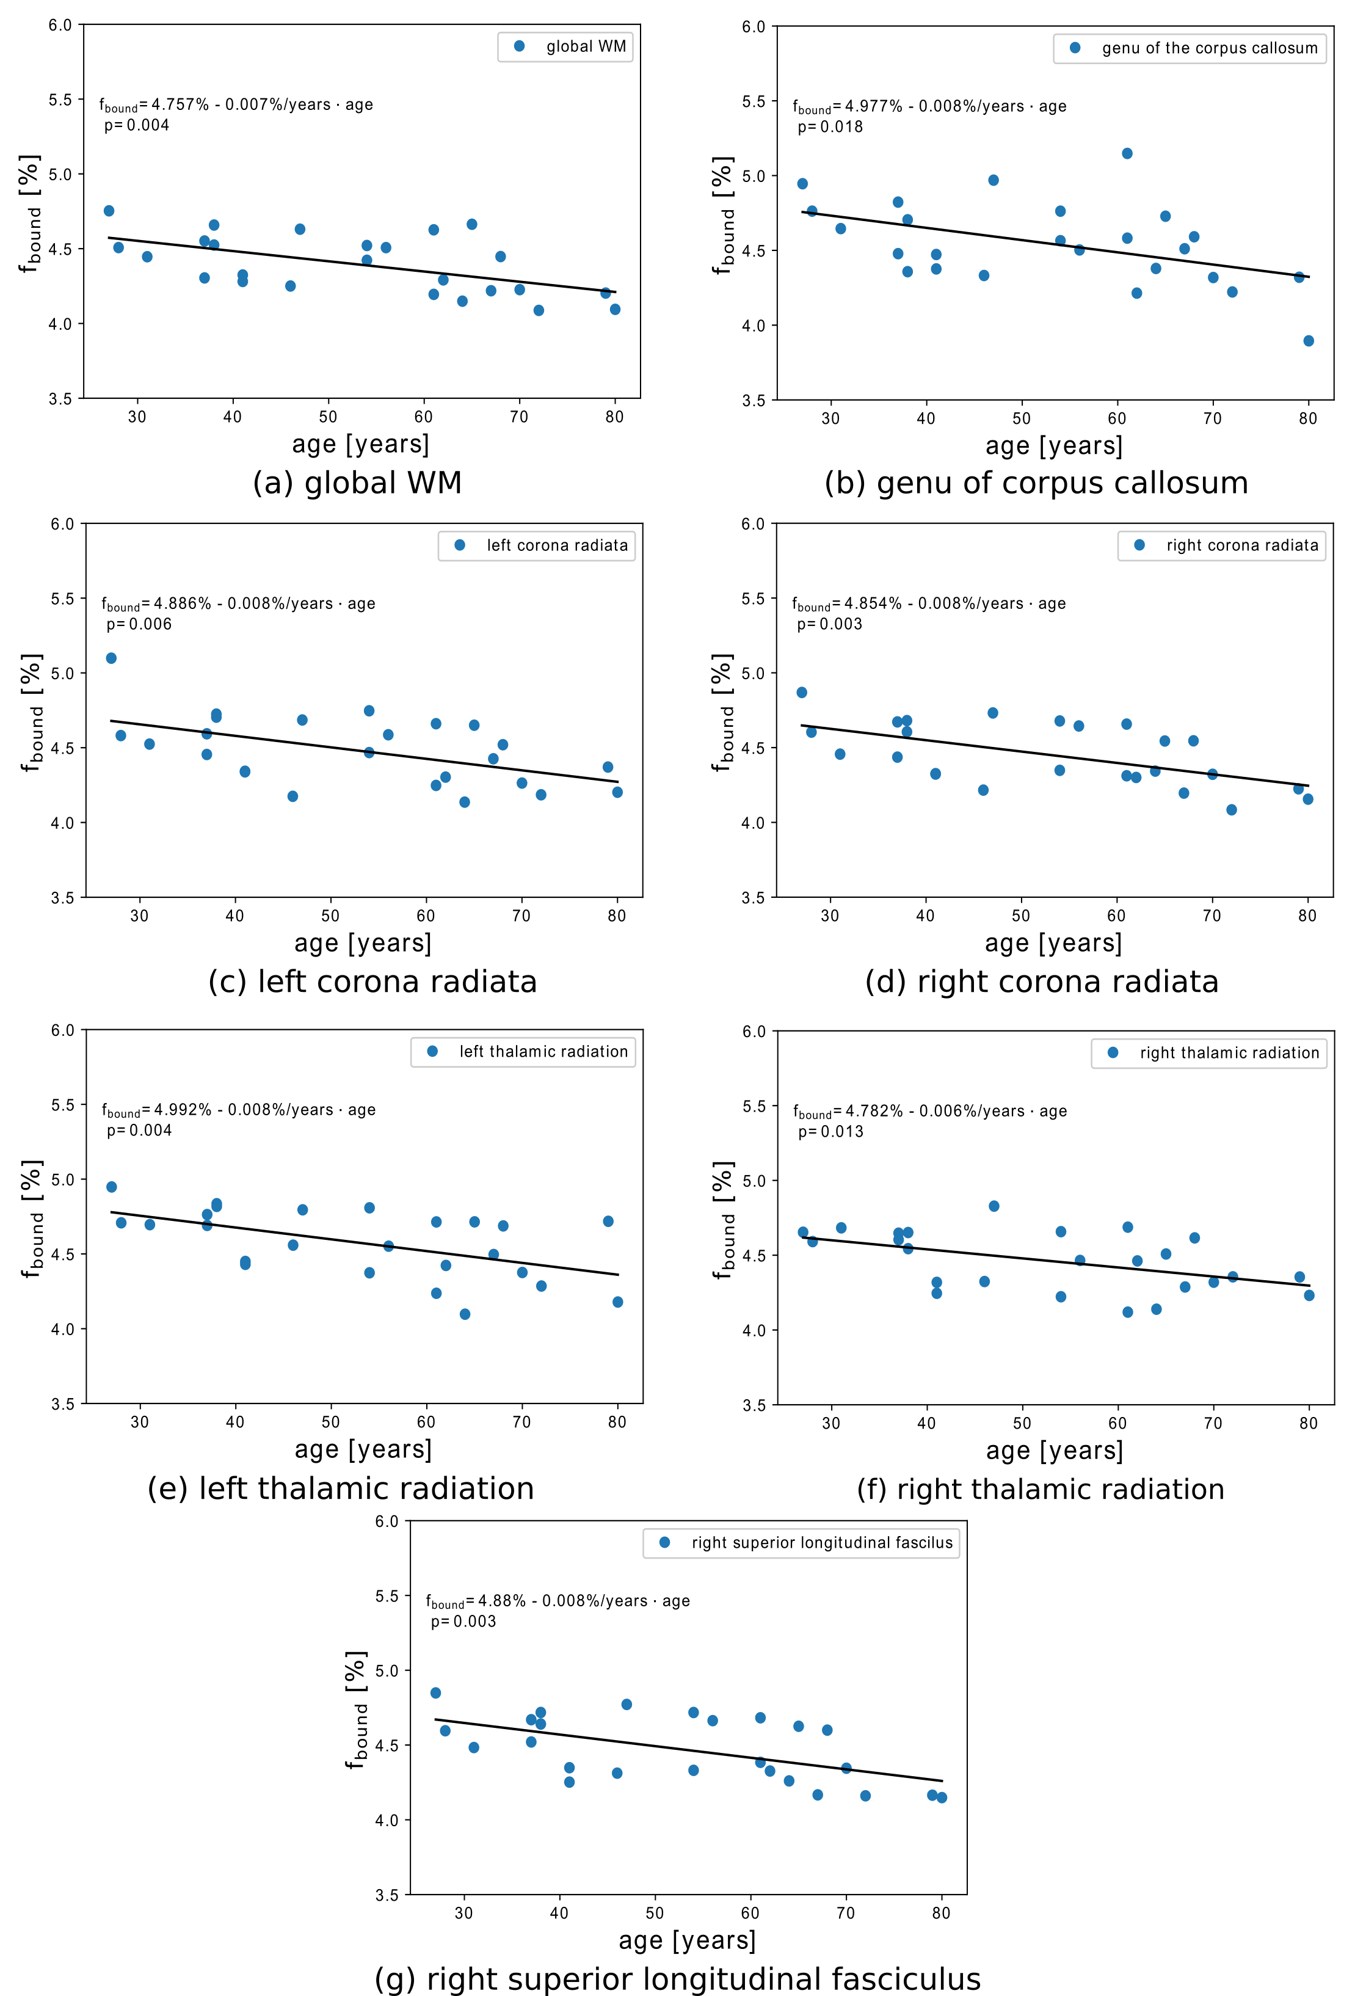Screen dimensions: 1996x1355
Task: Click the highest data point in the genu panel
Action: click(x=1127, y=154)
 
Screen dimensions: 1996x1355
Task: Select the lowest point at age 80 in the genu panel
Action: click(x=1309, y=341)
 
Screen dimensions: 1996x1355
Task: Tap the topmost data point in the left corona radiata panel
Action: click(x=111, y=658)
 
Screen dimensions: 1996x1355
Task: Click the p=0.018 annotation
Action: click(x=829, y=127)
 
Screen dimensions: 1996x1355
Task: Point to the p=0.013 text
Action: click(x=830, y=1132)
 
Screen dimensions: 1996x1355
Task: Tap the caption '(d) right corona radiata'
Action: click(x=1042, y=982)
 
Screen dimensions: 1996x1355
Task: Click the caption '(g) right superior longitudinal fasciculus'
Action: click(x=678, y=1979)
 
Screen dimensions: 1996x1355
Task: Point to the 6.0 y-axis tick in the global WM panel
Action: click(x=60, y=25)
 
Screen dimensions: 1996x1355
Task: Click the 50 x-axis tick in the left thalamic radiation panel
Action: click(x=330, y=1422)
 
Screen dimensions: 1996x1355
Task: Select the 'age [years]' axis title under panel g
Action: click(x=687, y=1940)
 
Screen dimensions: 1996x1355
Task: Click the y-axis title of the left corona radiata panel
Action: click(x=31, y=712)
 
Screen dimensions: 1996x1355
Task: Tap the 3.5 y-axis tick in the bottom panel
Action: click(x=387, y=1895)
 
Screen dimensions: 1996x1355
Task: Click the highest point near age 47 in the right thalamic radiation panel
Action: click(x=994, y=1206)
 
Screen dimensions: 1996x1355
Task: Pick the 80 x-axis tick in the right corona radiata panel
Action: click(x=1307, y=916)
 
